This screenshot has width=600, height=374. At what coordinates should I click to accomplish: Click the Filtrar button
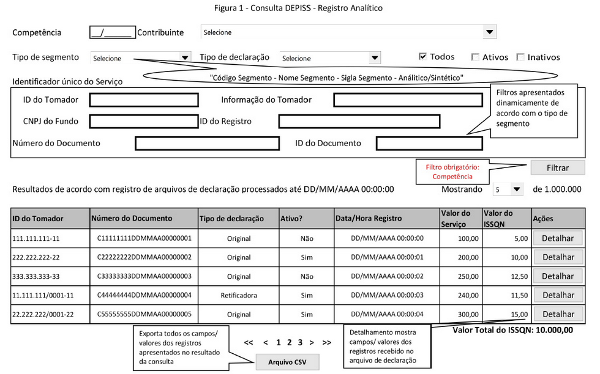coord(557,167)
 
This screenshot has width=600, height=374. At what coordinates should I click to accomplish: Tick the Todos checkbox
coord(422,56)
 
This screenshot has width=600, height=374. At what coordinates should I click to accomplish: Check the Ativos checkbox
coord(475,57)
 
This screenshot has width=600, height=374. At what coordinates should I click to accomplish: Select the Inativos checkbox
coord(520,57)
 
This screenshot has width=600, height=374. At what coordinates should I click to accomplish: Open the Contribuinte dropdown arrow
coord(489,32)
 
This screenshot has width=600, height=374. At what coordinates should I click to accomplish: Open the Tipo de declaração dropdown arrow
coord(375,58)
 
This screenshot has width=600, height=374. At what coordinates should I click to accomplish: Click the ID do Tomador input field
coord(144,100)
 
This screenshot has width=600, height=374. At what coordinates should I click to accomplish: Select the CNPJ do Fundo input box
coord(144,121)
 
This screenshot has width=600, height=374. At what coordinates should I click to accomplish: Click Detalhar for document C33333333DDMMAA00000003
coord(558,276)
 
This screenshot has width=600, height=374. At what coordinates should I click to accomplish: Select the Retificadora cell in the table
coord(239,295)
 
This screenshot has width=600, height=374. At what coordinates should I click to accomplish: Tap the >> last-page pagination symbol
coord(326,343)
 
